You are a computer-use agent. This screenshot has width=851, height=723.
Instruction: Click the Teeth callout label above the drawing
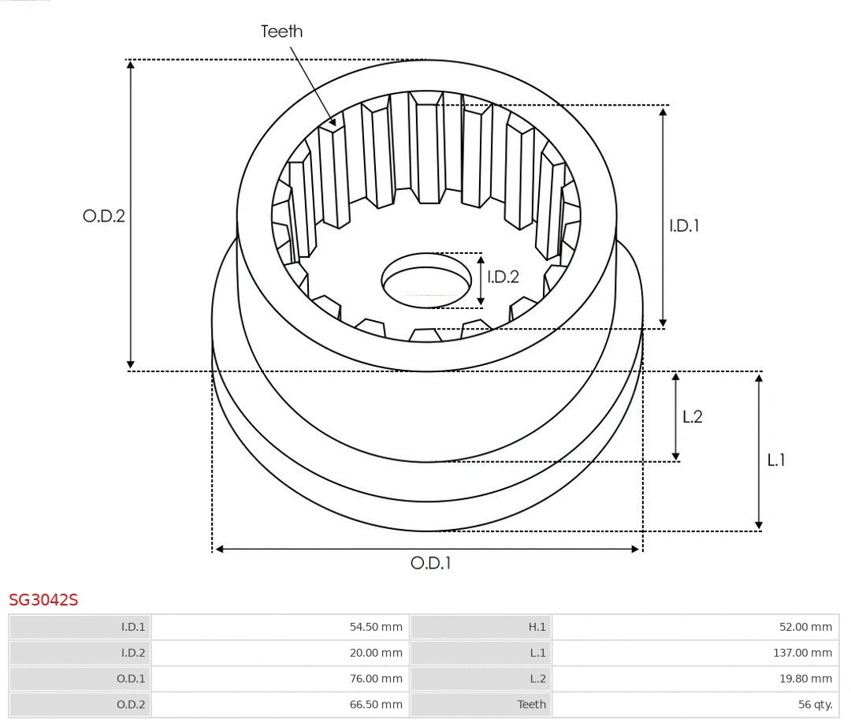[x=281, y=32]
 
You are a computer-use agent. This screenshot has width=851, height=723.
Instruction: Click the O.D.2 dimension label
[x=104, y=215]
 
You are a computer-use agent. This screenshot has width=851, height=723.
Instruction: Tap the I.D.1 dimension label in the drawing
[x=684, y=225]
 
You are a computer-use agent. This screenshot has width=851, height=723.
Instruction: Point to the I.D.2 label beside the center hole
[x=503, y=277]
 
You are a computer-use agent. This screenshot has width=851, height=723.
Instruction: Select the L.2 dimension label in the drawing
[x=692, y=416]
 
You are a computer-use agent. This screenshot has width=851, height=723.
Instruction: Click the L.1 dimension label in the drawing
[x=776, y=460]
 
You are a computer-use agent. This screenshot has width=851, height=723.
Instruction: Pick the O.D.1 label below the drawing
[x=430, y=563]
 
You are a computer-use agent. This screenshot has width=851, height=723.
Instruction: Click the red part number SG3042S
[x=43, y=600]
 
